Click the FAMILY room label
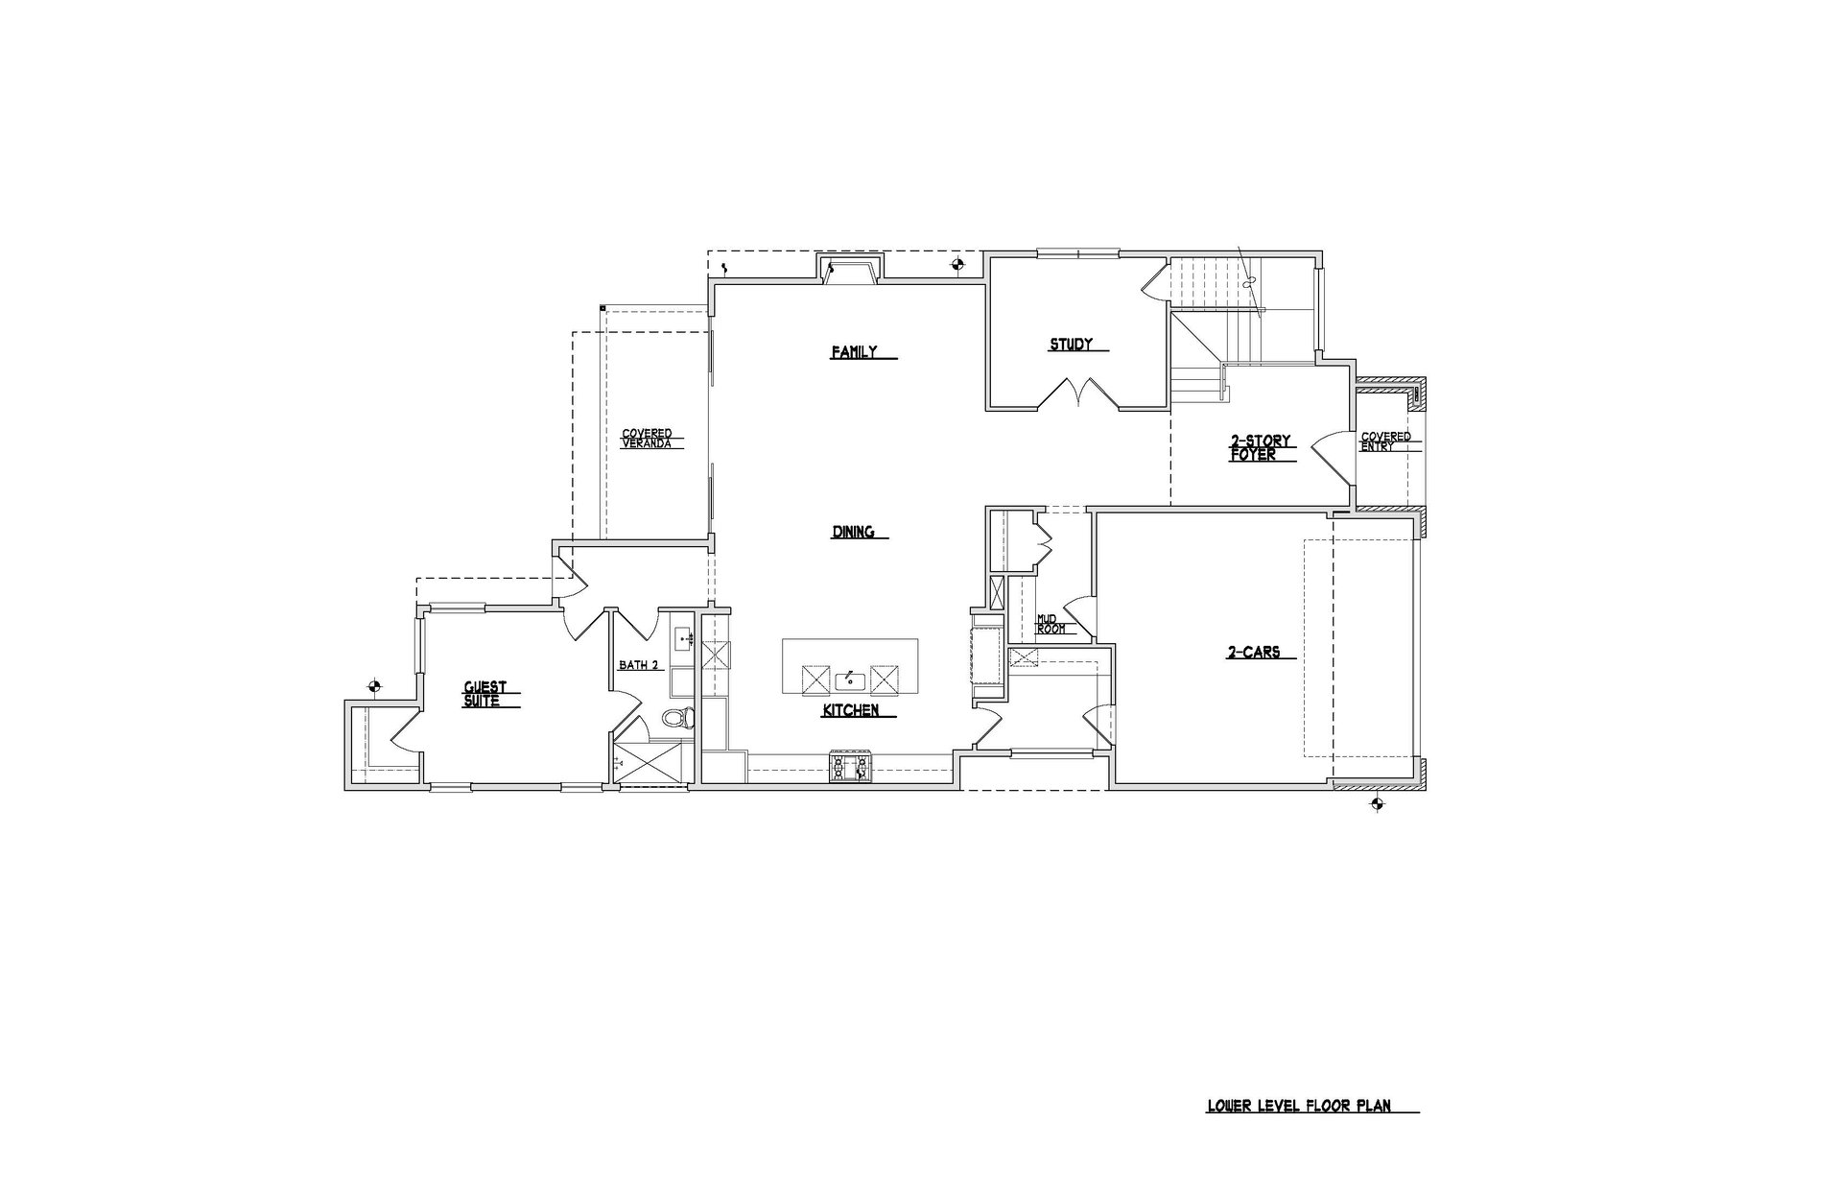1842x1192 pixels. (854, 352)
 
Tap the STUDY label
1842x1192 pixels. (1071, 345)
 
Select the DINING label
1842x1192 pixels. (853, 532)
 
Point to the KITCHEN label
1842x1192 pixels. (851, 711)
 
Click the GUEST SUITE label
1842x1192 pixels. (484, 694)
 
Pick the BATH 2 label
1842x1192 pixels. (637, 664)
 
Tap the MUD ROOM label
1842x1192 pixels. (1051, 624)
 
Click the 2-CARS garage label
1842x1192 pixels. (1253, 653)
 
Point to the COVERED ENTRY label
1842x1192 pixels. (1385, 441)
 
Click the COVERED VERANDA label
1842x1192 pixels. (647, 439)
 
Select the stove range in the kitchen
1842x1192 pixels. (851, 766)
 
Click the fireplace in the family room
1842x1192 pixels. (849, 270)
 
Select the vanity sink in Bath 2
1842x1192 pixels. (685, 637)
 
